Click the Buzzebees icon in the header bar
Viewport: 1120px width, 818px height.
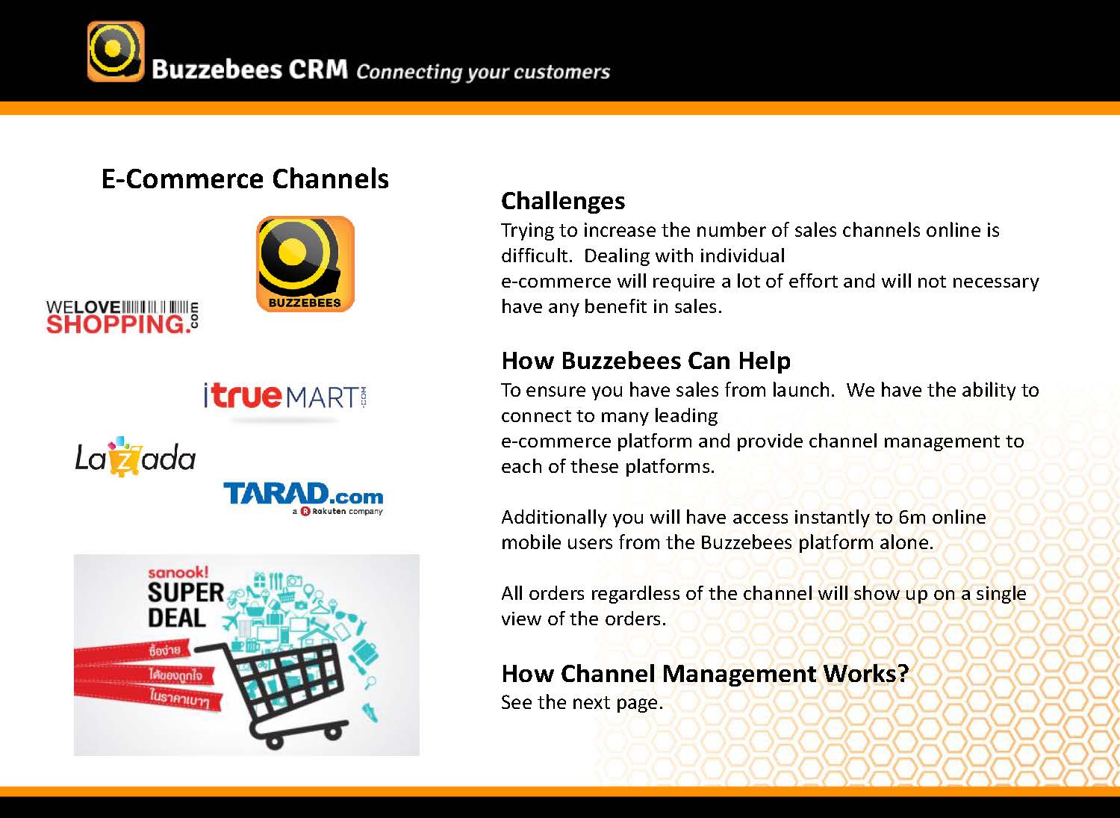pos(116,51)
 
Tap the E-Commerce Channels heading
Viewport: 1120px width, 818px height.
pos(245,179)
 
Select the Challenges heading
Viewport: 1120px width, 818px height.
pos(563,201)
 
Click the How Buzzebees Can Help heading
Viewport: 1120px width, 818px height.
pos(646,361)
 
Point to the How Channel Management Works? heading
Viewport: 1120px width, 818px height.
pos(705,673)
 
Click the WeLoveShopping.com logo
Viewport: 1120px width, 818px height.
pos(122,317)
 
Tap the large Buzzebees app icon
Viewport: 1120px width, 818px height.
pos(305,264)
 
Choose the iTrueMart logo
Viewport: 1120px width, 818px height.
pos(285,396)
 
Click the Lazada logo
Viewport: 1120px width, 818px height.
pos(135,456)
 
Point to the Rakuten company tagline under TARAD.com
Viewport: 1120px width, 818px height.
pos(337,511)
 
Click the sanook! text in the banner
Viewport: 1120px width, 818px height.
pos(178,571)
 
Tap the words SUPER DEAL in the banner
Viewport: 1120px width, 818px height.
pos(185,605)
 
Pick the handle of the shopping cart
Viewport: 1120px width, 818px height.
pos(209,648)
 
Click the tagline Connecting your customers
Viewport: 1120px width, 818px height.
pos(483,72)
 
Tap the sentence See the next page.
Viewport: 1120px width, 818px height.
pos(582,702)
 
